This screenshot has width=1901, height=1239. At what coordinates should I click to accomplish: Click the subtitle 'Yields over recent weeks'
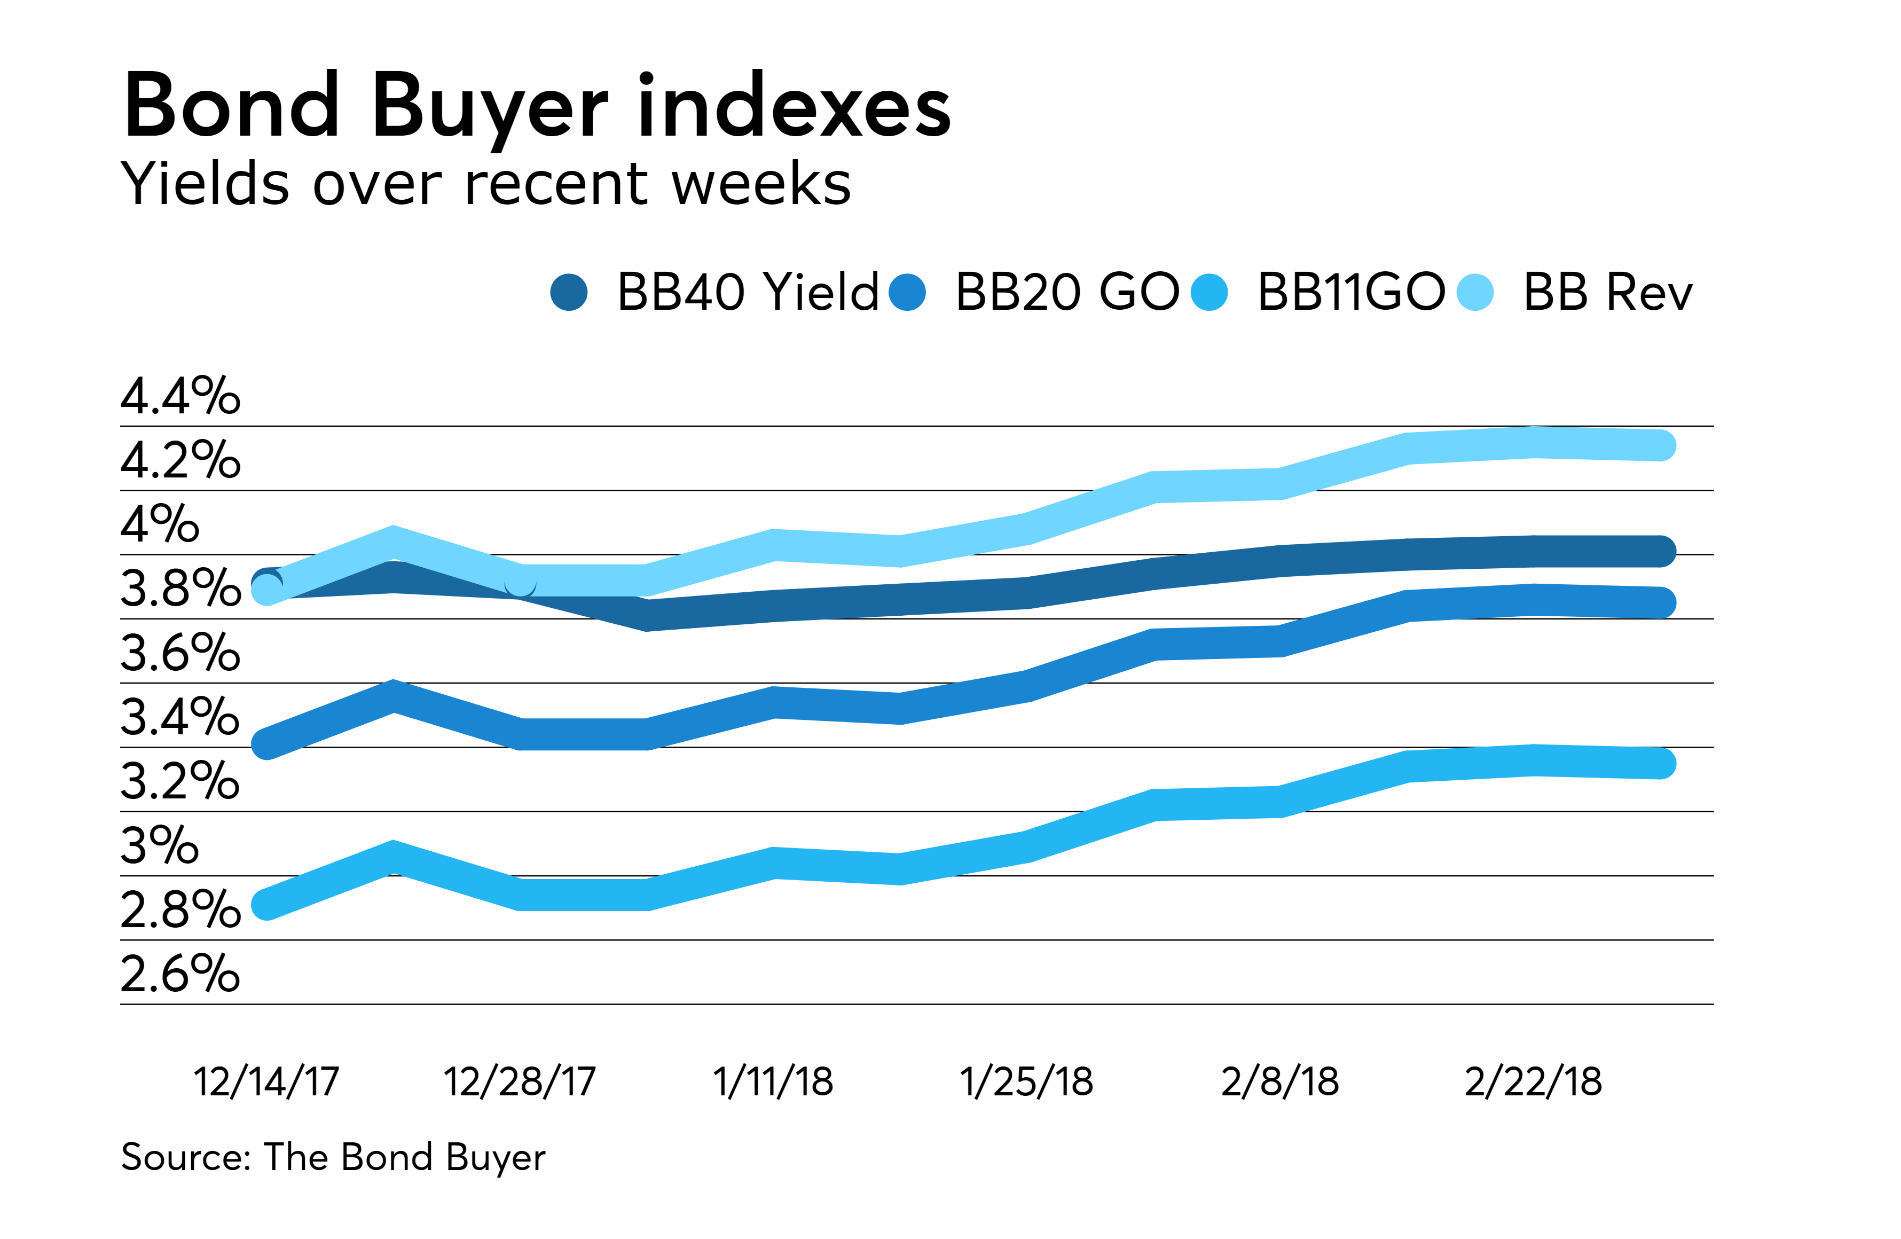pos(485,184)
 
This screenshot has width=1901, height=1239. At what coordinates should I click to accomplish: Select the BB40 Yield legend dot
pos(569,292)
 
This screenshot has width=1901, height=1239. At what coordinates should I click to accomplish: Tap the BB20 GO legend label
pos(1066,292)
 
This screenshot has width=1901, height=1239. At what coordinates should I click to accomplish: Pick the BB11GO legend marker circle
pos(1208,292)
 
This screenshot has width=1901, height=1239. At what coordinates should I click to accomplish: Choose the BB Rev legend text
pos(1607,292)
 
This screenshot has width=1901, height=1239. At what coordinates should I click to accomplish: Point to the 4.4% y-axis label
pos(180,395)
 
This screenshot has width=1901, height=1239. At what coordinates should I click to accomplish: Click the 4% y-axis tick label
pos(159,524)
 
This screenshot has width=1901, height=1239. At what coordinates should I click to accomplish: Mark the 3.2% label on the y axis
pos(180,781)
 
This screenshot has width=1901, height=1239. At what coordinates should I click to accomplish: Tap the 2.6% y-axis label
pos(180,974)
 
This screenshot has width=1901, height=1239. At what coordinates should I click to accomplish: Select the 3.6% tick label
pos(180,653)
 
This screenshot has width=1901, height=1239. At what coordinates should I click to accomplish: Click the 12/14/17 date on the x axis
pos(266,1081)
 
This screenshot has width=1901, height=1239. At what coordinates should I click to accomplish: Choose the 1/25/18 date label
pos(1026,1081)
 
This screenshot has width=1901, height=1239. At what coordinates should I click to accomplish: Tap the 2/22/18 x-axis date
pos(1533,1081)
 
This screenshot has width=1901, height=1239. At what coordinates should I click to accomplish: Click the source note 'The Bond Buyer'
pos(333,1157)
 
